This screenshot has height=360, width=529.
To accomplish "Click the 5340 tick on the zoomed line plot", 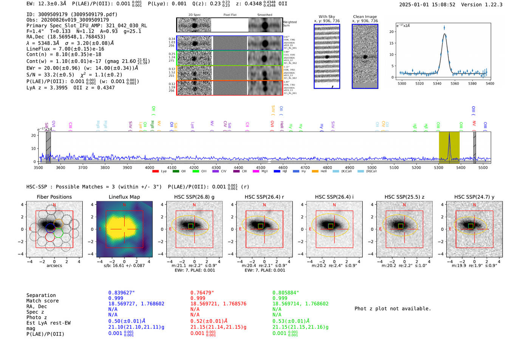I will pyautogui.click(x=437, y=83).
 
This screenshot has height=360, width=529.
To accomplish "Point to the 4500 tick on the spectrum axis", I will pyautogui.click(x=261, y=168).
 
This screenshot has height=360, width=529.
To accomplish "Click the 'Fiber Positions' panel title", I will pyautogui.click(x=54, y=197).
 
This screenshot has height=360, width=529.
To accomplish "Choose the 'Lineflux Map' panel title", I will pyautogui.click(x=124, y=197).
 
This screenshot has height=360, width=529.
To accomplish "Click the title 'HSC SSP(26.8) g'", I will pyautogui.click(x=194, y=197).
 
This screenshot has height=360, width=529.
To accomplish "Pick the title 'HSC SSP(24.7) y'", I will pyautogui.click(x=474, y=197).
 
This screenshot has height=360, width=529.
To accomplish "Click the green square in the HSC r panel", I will pyautogui.click(x=260, y=226).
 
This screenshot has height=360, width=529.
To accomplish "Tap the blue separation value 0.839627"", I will pyautogui.click(x=121, y=293).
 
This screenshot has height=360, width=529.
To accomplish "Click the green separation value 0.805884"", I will pyautogui.click(x=286, y=293).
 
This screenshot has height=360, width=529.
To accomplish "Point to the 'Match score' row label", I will pyautogui.click(x=42, y=301).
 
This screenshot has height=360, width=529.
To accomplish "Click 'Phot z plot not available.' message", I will pyautogui.click(x=393, y=309).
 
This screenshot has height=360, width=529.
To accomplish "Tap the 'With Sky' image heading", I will pyautogui.click(x=327, y=17).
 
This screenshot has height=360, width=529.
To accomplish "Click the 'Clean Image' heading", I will pyautogui.click(x=365, y=17).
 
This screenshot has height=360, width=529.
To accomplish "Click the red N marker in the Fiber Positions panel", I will pyautogui.click(x=54, y=205).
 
